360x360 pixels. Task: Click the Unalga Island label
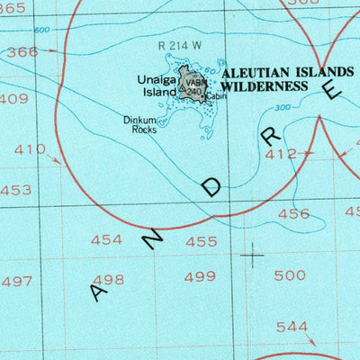[x=156, y=85]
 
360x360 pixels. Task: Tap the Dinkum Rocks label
[x=140, y=124]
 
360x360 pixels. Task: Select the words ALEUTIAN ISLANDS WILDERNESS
[x=281, y=79]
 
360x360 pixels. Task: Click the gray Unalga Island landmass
[x=193, y=84]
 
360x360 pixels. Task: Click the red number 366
[x=22, y=52]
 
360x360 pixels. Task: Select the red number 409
[x=13, y=98]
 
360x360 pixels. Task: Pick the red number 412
[x=281, y=155]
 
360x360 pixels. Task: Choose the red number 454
[x=107, y=239]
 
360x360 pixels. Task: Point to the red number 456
[x=293, y=213]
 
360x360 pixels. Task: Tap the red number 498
[x=108, y=279]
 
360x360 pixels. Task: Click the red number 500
[x=289, y=274]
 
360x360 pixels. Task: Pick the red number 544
[x=292, y=327]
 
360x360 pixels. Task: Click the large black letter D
[x=212, y=186]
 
